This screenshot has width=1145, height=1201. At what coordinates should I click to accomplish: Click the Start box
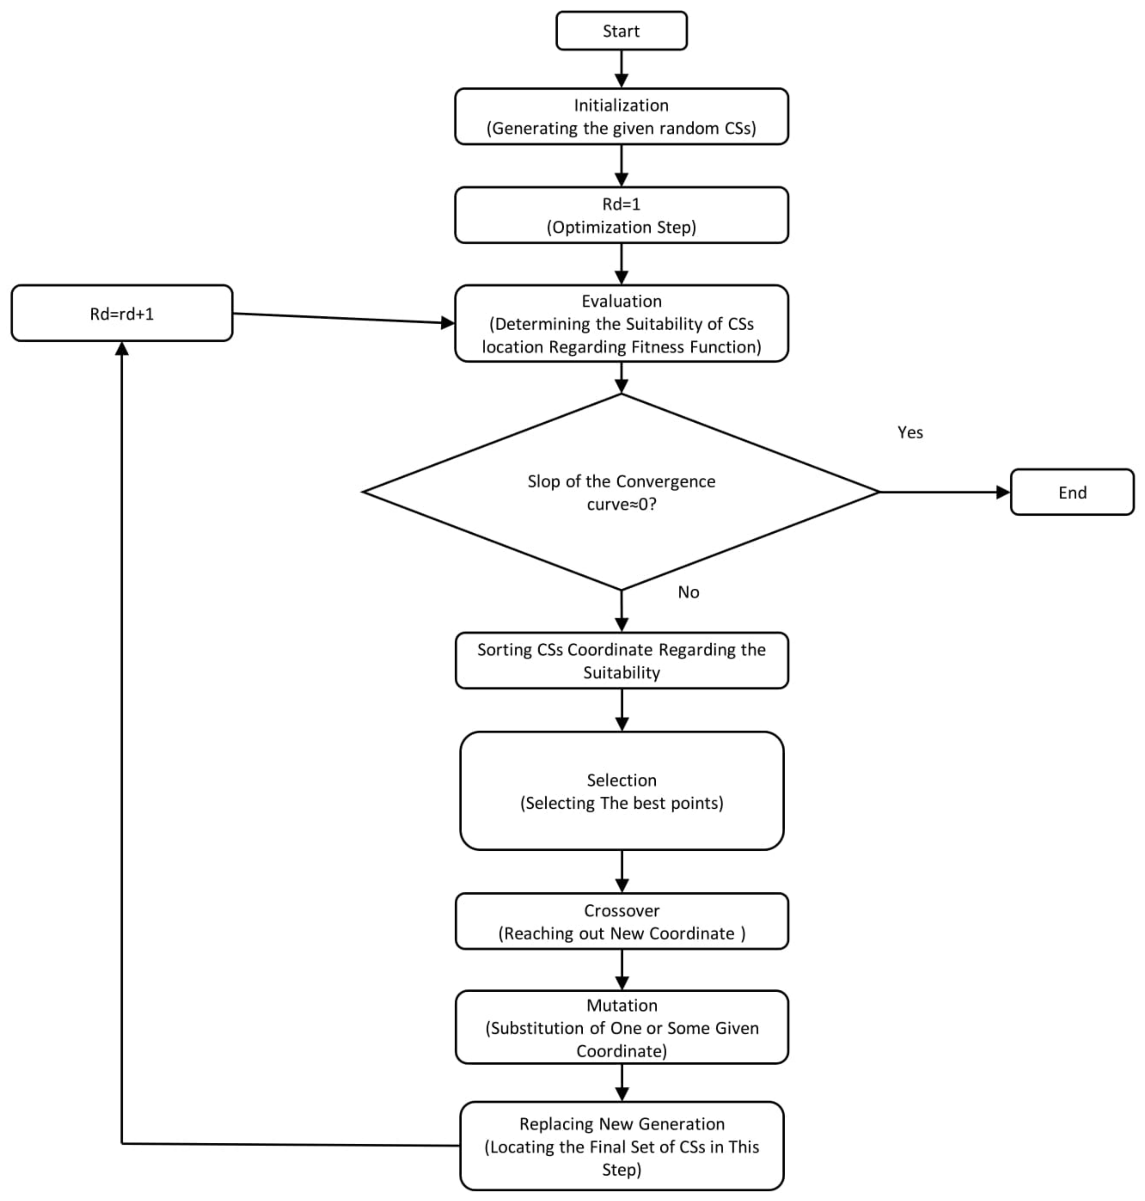(621, 31)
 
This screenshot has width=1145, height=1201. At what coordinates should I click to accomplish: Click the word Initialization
(621, 105)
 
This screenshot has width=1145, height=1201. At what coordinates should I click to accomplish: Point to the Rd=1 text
(621, 204)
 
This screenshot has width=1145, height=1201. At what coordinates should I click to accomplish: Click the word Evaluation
(621, 301)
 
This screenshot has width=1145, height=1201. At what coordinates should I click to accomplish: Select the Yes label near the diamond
(910, 432)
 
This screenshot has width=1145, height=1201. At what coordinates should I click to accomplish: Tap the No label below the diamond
(688, 592)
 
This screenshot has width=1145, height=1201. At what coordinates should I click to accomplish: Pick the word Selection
(621, 780)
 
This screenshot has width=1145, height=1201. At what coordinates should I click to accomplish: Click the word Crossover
(621, 911)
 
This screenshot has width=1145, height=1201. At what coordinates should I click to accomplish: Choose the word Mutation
(621, 1005)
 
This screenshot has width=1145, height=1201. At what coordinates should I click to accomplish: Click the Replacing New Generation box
(621, 1146)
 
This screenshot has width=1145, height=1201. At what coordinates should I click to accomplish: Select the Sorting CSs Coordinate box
(621, 661)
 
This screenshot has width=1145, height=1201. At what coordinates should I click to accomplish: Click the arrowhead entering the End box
(1003, 492)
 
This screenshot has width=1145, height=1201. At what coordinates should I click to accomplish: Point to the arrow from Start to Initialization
(621, 67)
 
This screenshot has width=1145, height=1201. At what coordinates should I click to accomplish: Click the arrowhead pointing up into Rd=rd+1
(122, 349)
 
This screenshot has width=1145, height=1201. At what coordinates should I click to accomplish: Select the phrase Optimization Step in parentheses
(621, 227)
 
